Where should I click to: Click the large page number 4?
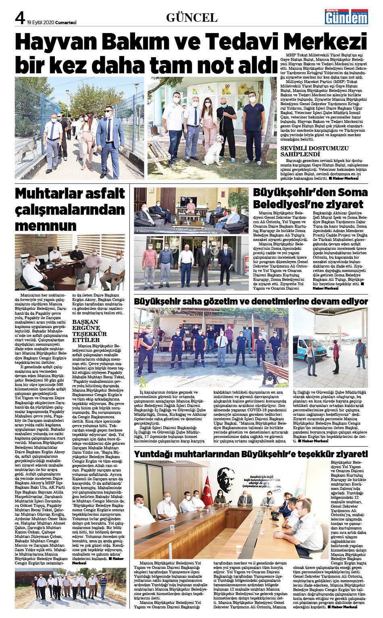[x=20, y=17]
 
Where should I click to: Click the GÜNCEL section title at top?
[x=192, y=17]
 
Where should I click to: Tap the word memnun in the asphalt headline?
[x=46, y=226]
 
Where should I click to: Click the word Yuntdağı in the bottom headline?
[x=158, y=454]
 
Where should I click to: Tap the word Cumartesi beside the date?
[x=66, y=23]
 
